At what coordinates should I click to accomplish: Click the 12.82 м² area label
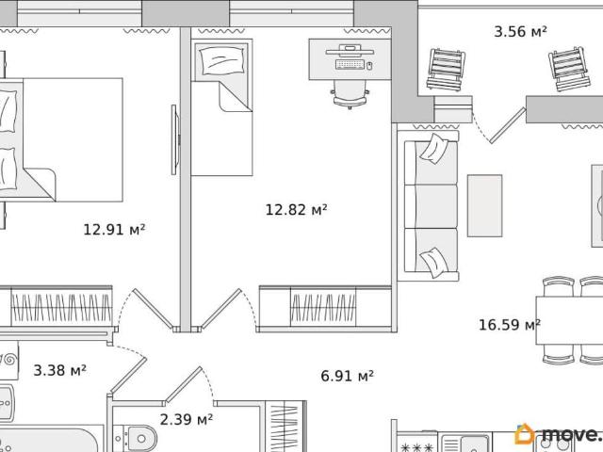(x=296, y=210)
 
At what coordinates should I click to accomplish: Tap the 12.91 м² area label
(x=114, y=230)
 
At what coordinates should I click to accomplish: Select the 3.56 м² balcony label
(x=520, y=31)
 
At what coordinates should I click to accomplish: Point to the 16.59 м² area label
(x=509, y=325)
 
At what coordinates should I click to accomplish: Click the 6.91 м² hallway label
(x=347, y=376)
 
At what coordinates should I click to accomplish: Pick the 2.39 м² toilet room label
(x=187, y=419)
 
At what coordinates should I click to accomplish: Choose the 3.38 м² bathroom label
(x=59, y=370)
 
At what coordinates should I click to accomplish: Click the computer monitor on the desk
(x=350, y=51)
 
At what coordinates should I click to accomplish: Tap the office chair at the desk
(x=350, y=94)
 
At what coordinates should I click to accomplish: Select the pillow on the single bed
(x=222, y=60)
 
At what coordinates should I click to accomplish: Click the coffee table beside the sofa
(x=484, y=205)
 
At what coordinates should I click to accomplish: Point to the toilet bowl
(x=139, y=439)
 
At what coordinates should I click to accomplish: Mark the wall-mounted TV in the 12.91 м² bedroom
(x=174, y=140)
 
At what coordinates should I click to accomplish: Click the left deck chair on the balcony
(x=446, y=69)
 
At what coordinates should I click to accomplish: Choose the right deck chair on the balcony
(x=569, y=69)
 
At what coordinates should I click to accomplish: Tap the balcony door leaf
(x=508, y=125)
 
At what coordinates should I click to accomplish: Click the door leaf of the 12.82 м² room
(x=220, y=309)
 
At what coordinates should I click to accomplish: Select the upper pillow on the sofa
(x=434, y=149)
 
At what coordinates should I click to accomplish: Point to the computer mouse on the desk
(x=369, y=66)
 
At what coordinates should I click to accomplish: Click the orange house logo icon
(x=525, y=434)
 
